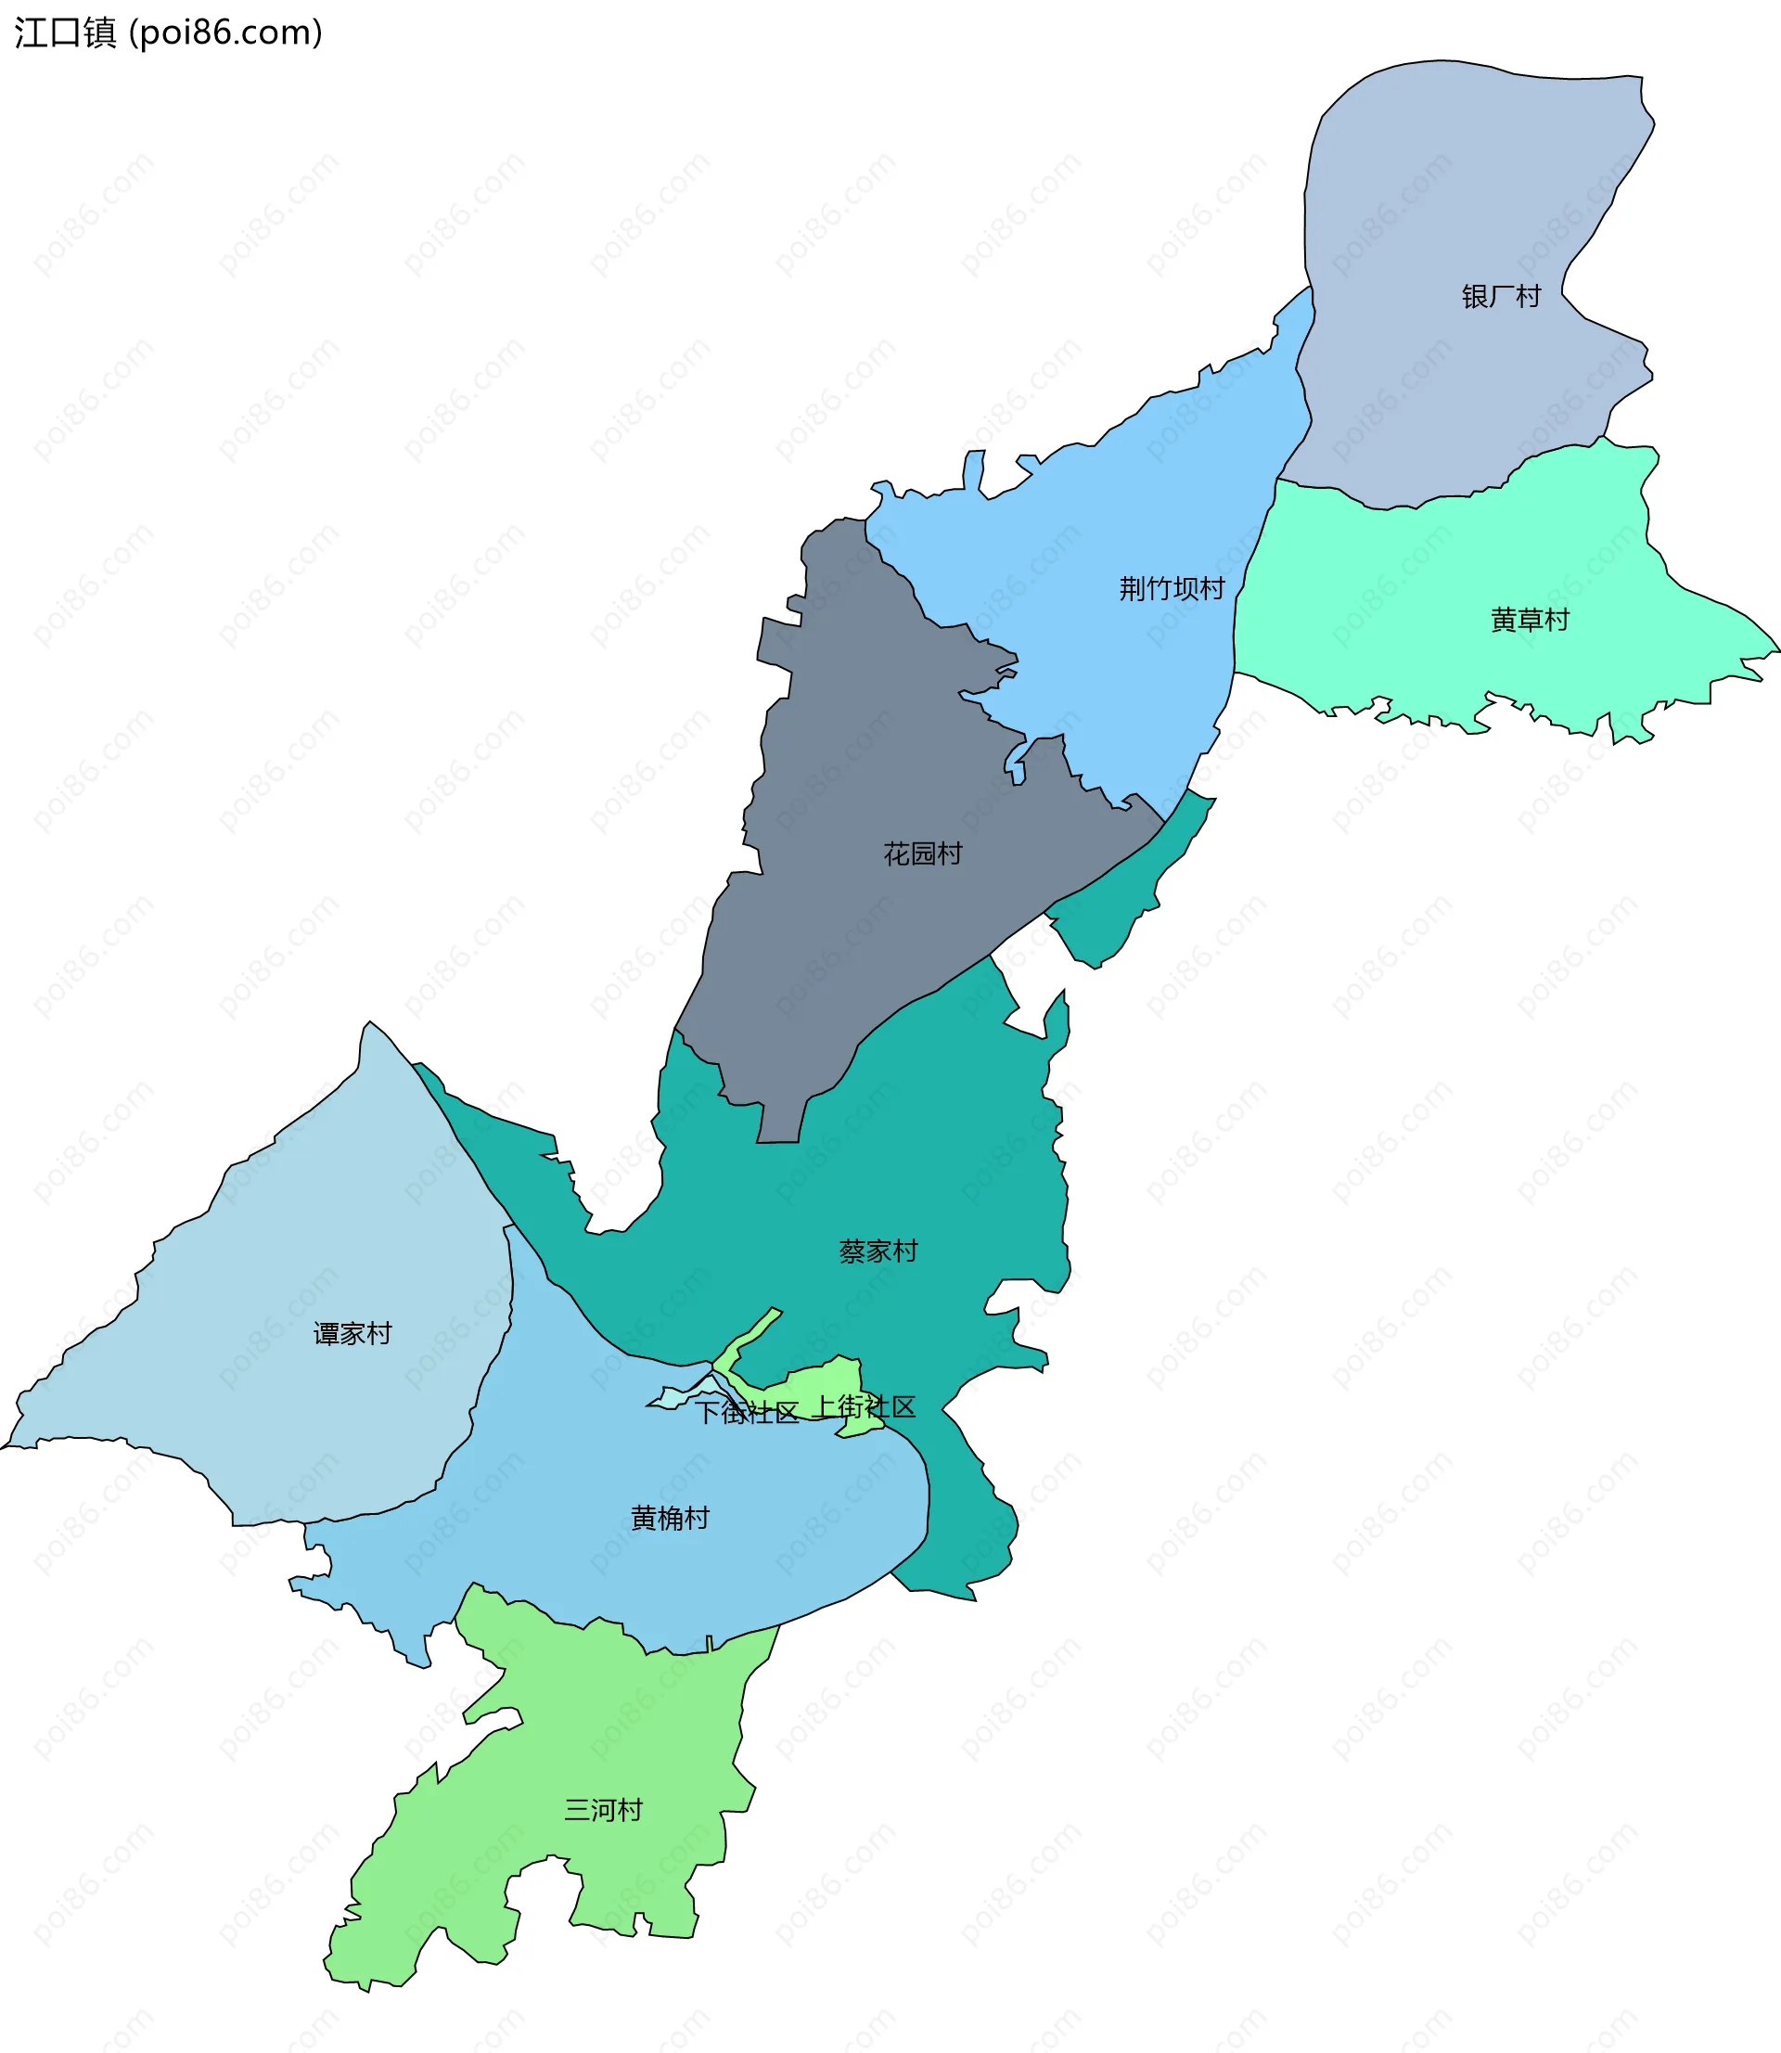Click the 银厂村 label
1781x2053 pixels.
coord(1501,296)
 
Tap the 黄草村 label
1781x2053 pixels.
coord(1530,620)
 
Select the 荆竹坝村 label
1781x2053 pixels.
coord(1172,588)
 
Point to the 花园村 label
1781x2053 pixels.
coord(922,853)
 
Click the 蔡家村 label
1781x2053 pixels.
coord(878,1251)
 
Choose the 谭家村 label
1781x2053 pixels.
coord(352,1333)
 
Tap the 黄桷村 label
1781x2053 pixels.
coord(670,1519)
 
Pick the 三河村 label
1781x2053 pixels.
coord(603,1810)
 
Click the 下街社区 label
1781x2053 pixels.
coord(747,1413)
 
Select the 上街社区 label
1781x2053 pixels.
coord(865,1407)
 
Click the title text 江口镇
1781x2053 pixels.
coord(66,32)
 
